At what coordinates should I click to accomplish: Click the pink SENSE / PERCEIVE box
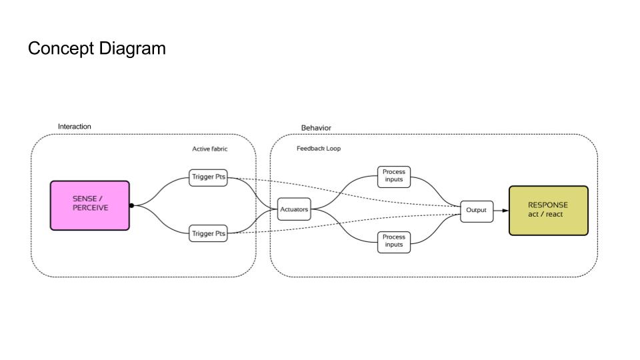pos(90,205)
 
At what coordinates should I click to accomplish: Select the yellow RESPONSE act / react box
pos(548,211)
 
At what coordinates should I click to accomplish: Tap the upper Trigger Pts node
pos(208,177)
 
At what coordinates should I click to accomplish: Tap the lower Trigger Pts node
pos(208,234)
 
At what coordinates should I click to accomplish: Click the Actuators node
pos(294,209)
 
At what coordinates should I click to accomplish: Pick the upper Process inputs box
pos(393,176)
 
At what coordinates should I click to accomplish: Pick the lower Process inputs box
pos(393,241)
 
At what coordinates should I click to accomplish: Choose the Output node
pos(476,210)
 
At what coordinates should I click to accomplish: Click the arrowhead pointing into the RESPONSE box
pos(505,210)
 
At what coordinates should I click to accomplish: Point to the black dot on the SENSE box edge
pos(131,205)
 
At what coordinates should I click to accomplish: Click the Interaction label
pos(75,127)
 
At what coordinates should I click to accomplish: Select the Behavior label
pos(316,128)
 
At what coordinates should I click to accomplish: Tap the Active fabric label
pos(209,149)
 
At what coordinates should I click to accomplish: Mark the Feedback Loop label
pos(318,149)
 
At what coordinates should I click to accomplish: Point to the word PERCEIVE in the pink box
pos(91,208)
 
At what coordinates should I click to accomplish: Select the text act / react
pos(545,214)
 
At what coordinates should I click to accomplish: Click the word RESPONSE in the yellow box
pos(548,205)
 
